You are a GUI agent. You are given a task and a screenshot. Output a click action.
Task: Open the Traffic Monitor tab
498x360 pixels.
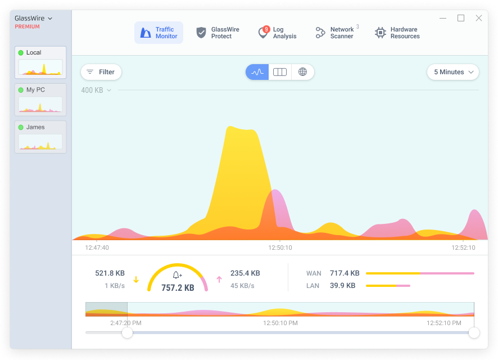159,33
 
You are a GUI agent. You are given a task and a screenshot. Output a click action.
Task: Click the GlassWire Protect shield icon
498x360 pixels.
201,33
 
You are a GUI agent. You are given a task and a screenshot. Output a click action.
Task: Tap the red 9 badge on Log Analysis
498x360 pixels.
266,29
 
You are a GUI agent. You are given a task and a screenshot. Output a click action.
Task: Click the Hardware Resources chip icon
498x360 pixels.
380,33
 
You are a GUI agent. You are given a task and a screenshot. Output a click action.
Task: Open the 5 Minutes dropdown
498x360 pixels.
453,72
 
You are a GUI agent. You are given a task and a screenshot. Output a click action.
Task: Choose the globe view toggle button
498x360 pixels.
302,72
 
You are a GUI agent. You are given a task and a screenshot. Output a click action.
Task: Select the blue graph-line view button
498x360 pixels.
257,72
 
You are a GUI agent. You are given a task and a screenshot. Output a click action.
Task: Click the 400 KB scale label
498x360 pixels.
92,90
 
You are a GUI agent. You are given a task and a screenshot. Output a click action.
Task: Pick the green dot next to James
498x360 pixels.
21,128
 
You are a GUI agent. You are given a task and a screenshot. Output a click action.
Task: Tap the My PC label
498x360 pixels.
35,90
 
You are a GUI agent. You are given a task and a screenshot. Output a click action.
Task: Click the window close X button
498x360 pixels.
479,18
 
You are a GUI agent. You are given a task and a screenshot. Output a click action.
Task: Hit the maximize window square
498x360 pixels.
461,18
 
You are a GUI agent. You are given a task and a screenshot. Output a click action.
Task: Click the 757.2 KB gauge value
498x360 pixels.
178,288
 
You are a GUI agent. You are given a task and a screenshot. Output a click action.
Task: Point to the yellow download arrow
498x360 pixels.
136,280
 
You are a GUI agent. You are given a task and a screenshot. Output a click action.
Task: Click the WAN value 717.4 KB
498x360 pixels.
345,273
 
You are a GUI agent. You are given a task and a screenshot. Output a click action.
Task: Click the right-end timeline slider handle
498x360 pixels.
474,332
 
